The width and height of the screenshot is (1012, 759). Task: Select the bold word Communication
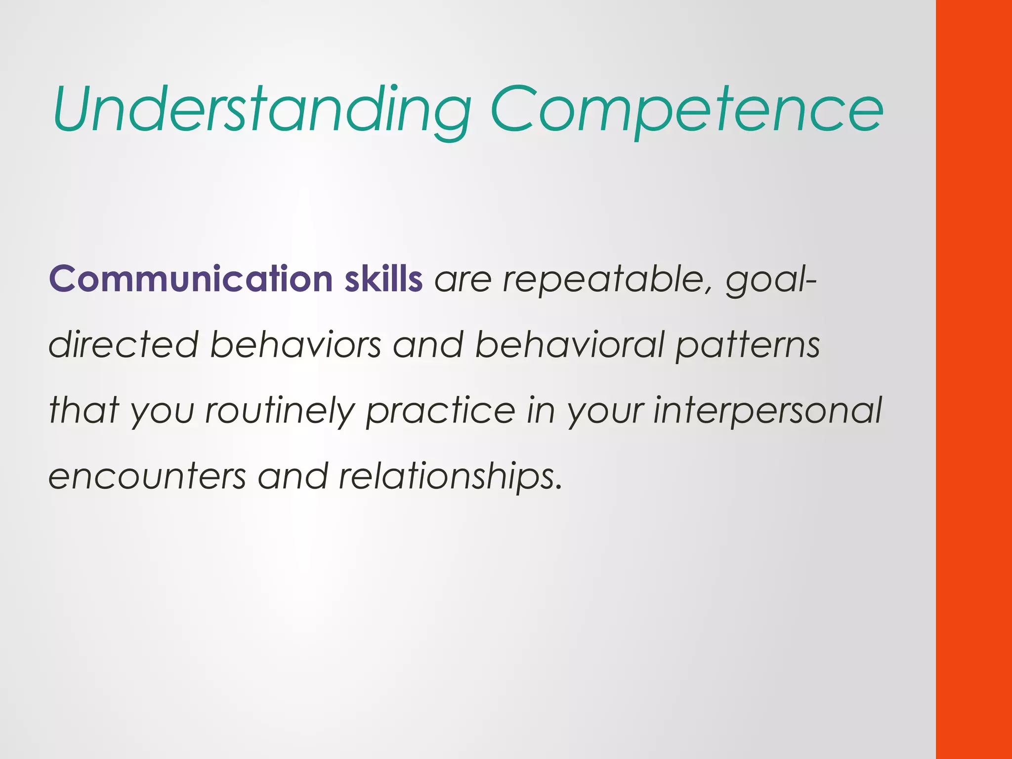[x=191, y=279]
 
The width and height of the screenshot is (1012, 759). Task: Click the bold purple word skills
[x=383, y=279]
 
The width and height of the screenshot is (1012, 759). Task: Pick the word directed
[x=124, y=344]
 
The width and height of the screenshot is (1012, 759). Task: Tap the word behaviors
[x=295, y=344]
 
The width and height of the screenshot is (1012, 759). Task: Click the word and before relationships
[x=293, y=476]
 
